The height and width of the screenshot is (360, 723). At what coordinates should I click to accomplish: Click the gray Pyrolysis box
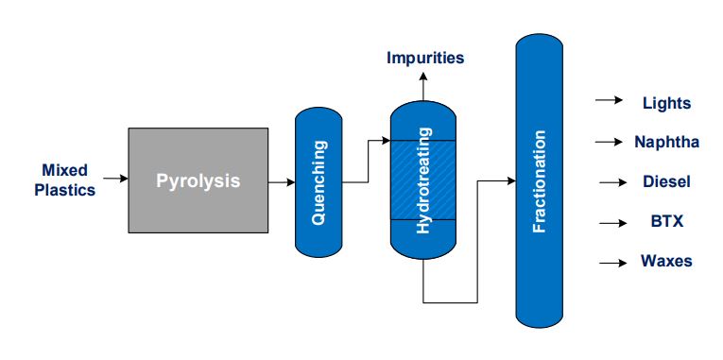(x=198, y=180)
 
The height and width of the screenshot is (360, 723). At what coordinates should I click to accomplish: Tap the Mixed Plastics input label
(x=65, y=180)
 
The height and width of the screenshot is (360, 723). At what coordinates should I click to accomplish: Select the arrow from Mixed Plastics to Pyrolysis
(x=114, y=178)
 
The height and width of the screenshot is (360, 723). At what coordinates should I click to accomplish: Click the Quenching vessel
(x=318, y=181)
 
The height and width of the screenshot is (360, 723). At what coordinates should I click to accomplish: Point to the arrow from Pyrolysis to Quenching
(x=281, y=181)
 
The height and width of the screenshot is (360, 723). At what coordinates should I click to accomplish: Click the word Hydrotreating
(x=422, y=181)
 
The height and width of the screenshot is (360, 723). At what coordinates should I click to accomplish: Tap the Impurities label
(x=425, y=58)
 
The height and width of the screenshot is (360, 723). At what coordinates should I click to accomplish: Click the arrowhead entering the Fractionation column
(x=510, y=180)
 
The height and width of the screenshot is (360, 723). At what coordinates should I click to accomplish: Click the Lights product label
(x=666, y=103)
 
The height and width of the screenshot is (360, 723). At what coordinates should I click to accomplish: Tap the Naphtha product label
(x=667, y=142)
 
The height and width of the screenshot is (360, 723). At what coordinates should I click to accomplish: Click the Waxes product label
(x=666, y=261)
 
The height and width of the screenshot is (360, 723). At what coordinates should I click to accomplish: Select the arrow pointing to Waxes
(x=612, y=262)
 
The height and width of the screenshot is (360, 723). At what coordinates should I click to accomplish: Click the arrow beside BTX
(x=612, y=222)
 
